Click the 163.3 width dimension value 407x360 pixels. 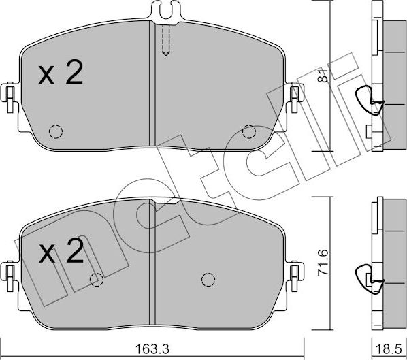click(x=152, y=349)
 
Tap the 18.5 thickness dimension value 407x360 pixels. click(x=389, y=349)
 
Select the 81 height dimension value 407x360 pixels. click(x=323, y=76)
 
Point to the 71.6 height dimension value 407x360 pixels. click(x=323, y=263)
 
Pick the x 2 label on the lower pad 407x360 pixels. click(x=61, y=251)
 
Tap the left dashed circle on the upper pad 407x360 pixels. click(x=56, y=131)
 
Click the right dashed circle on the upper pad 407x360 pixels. click(x=249, y=132)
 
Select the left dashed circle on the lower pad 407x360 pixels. click(x=97, y=280)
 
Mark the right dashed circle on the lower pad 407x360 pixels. click(x=208, y=280)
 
